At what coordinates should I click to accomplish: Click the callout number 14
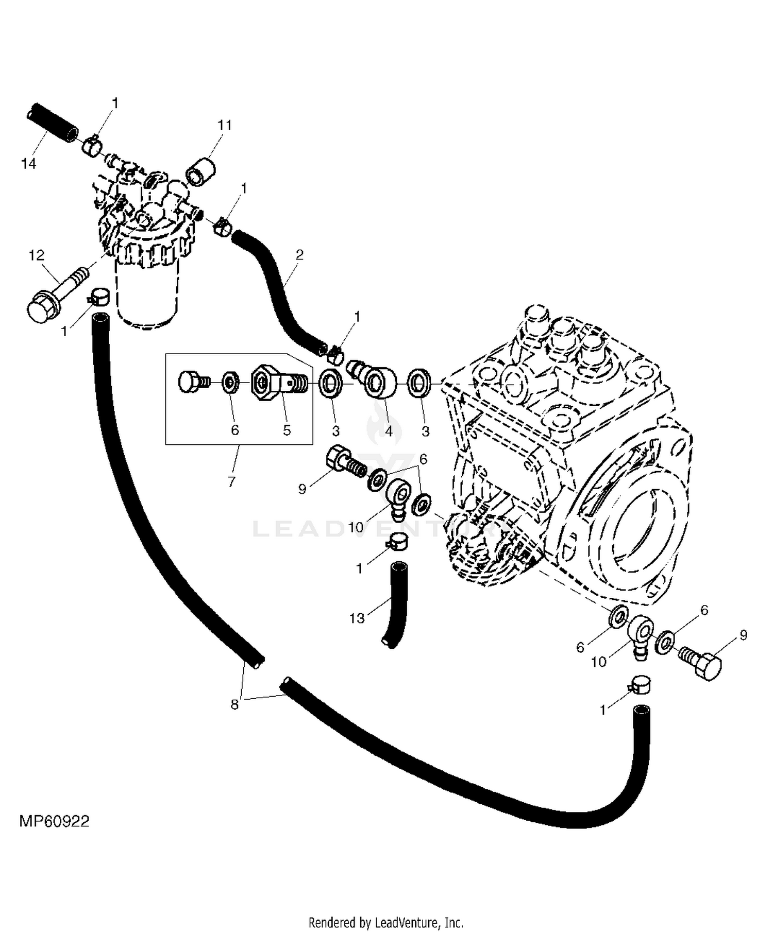click(x=29, y=163)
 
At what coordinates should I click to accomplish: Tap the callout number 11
click(x=225, y=125)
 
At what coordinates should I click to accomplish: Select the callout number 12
click(x=37, y=255)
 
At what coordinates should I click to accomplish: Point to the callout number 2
click(x=299, y=254)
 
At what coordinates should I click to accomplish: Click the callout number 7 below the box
click(x=231, y=481)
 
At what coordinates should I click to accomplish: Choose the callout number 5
click(x=287, y=430)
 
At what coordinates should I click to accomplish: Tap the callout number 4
click(x=389, y=430)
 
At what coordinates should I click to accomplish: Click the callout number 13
click(x=357, y=618)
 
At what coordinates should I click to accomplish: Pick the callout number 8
click(x=234, y=704)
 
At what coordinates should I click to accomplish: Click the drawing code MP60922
click(x=54, y=821)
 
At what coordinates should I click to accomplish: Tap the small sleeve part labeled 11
click(x=200, y=171)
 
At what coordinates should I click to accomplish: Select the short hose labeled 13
click(x=396, y=606)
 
